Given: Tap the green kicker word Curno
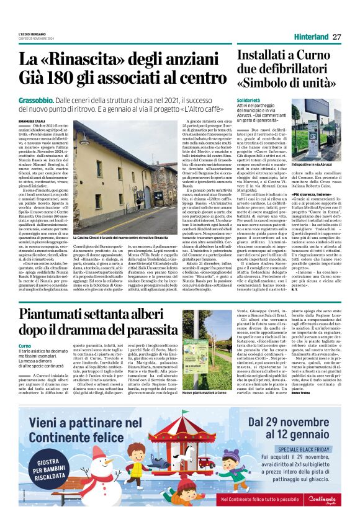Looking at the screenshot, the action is (x=25, y=345).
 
